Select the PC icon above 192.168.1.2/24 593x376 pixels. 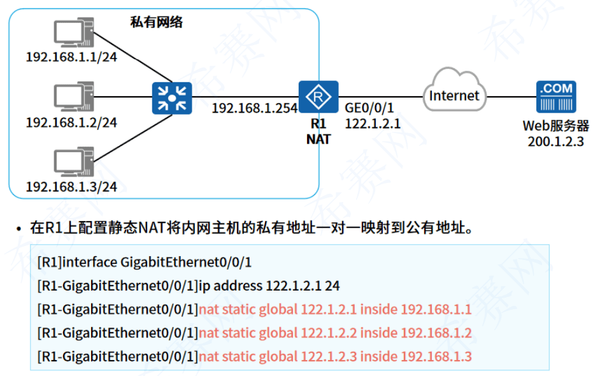click(72, 98)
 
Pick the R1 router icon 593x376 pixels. click(318, 98)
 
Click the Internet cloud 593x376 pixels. click(454, 96)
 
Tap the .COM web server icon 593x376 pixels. click(555, 98)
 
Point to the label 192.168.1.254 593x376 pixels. click(254, 108)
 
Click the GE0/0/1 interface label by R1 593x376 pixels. click(369, 108)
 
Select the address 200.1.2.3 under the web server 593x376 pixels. click(555, 141)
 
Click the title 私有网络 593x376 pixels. click(155, 22)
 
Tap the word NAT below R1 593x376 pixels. click(318, 139)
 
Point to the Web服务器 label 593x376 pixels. click(555, 126)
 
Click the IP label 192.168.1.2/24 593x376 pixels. click(71, 122)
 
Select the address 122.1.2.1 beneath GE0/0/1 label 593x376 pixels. click(373, 124)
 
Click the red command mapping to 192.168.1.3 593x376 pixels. click(335, 356)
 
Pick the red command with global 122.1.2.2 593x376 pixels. click(335, 333)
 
